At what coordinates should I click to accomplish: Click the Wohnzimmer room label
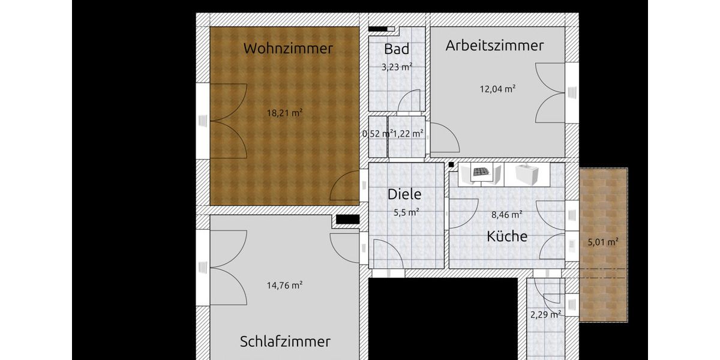point(287,49)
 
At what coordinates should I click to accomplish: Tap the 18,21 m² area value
point(284,112)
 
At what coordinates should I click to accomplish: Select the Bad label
point(397,49)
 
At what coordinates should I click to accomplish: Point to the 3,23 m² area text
point(397,67)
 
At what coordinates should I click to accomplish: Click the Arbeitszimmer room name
point(494,46)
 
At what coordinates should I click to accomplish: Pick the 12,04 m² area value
point(497,89)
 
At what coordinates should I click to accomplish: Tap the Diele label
point(404,194)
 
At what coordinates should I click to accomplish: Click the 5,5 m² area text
point(406,212)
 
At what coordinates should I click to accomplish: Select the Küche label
point(507,236)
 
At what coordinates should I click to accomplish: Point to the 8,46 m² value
point(506,214)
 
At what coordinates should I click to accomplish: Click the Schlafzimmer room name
point(285,342)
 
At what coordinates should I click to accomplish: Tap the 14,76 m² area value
point(284,286)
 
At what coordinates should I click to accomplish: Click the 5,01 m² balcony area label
point(603,242)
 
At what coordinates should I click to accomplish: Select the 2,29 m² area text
point(545,314)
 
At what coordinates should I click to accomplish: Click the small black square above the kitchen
point(451,164)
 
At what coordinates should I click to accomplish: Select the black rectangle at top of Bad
point(378,28)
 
